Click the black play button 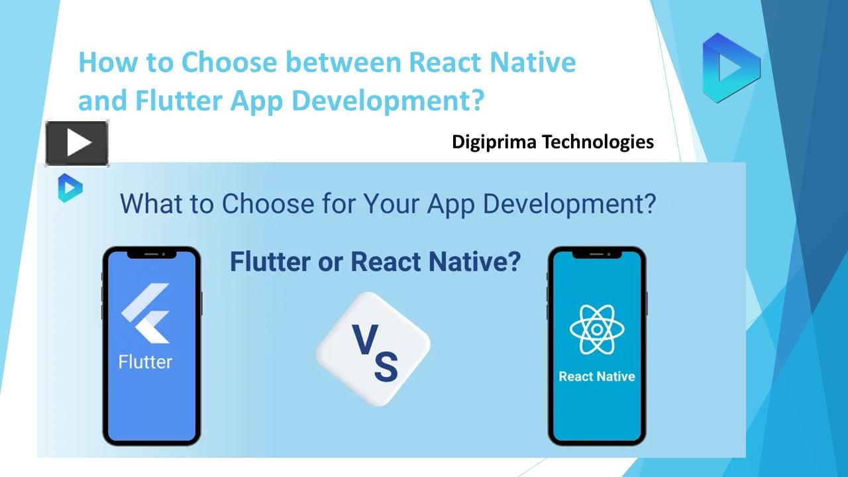click(77, 143)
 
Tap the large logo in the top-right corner click(731, 67)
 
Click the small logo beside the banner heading click(70, 187)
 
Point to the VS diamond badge click(374, 348)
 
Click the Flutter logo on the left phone click(146, 313)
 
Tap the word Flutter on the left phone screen click(145, 362)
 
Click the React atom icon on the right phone click(597, 329)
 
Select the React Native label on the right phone click(597, 376)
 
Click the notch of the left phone click(152, 254)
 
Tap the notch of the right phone click(597, 254)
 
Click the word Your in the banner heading click(391, 203)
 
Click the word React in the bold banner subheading click(386, 262)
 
